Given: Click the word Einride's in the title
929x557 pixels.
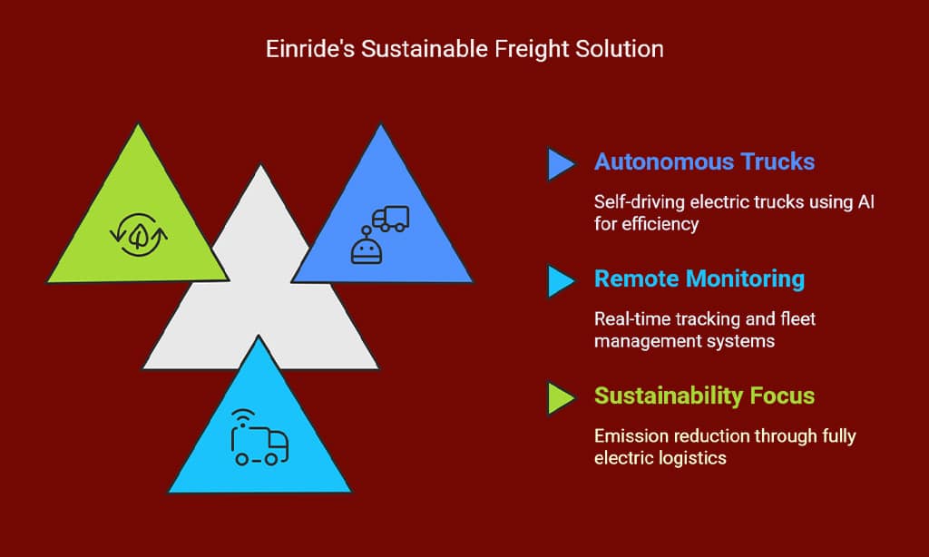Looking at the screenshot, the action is pos(310,49).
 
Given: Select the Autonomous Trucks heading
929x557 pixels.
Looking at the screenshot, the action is pos(704,161).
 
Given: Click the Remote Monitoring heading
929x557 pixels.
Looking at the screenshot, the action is pos(699,279).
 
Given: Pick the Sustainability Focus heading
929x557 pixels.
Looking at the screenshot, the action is pos(704,396).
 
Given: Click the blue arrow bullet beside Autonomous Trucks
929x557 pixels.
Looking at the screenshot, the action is pos(561,164).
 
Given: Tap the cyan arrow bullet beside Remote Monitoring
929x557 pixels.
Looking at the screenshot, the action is pos(561,281).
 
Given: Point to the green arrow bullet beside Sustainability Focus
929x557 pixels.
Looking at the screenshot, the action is pos(561,397).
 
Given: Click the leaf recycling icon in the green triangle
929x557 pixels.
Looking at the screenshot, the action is pos(139,235).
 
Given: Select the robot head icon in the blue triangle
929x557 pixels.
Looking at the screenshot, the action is pos(367,247).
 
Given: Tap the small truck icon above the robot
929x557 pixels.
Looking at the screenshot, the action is pos(391,219).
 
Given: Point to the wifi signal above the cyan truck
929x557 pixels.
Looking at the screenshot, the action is pos(243,416).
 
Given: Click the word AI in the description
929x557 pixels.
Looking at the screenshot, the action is pos(866,202).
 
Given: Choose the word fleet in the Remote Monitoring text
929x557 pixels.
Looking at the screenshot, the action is pos(798,319).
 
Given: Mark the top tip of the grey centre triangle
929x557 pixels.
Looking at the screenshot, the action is pos(260,165).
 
